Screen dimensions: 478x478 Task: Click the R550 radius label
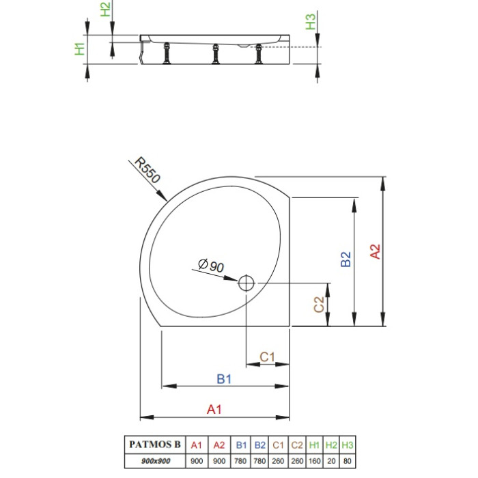click(x=147, y=170)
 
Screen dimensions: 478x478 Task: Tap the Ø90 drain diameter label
click(x=211, y=266)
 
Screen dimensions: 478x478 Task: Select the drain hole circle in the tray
click(x=246, y=283)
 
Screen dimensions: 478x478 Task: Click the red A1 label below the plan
click(x=214, y=409)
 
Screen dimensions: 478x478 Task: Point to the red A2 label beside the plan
click(x=376, y=251)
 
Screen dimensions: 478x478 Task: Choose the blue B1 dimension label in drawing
click(x=224, y=379)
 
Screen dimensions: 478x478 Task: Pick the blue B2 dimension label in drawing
click(x=346, y=259)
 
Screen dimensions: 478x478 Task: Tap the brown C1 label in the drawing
click(x=267, y=356)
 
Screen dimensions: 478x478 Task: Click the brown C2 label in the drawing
click(x=319, y=305)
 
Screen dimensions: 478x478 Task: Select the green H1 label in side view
click(x=80, y=49)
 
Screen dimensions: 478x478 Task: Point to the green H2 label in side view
click(x=105, y=10)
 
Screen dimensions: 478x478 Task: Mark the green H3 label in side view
click(x=311, y=22)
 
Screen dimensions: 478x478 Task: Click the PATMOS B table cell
click(x=155, y=444)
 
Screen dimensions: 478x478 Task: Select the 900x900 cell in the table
click(x=156, y=461)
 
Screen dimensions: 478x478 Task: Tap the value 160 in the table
click(x=314, y=461)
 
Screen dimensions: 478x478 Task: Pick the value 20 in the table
click(x=331, y=461)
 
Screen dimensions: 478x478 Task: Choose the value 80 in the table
click(x=347, y=461)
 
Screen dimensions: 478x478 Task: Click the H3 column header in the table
click(x=347, y=445)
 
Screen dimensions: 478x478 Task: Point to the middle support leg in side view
click(x=216, y=54)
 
